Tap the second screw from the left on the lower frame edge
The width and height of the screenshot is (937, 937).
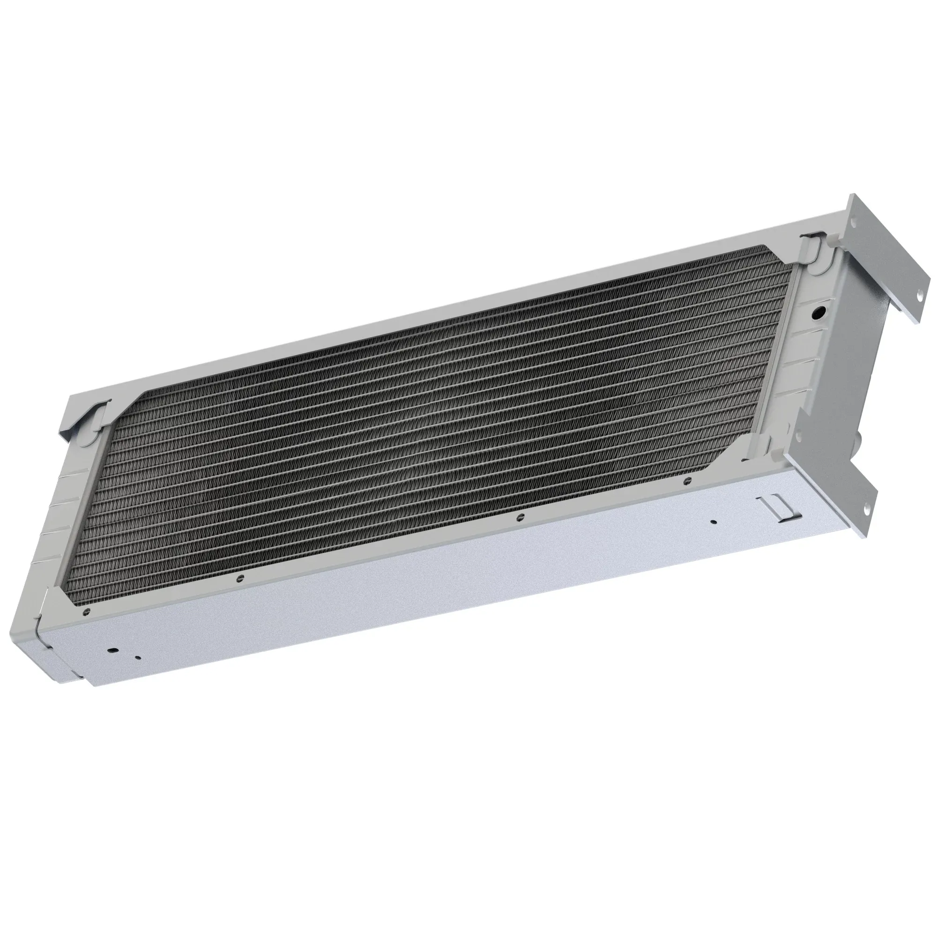(238, 578)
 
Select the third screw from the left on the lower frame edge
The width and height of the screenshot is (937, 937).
(520, 516)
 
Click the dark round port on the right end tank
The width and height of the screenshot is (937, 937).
(818, 312)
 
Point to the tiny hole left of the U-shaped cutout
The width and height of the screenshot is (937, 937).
(713, 522)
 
